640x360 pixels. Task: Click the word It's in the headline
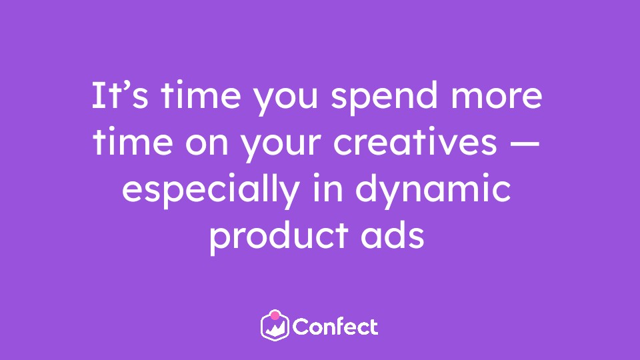[120, 95]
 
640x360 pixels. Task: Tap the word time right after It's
[201, 95]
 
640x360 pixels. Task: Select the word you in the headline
[285, 101]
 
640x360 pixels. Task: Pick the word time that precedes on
[133, 141]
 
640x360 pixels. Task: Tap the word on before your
[207, 145]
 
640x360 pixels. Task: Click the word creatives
[415, 141]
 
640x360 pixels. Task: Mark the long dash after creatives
[525, 144]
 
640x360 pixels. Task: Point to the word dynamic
[433, 191]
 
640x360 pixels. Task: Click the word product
[279, 237]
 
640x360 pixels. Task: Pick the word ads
[392, 235]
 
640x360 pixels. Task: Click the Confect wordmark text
[335, 327]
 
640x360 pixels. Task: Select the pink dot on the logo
[275, 315]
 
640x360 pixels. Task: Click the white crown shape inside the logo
[275, 329]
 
